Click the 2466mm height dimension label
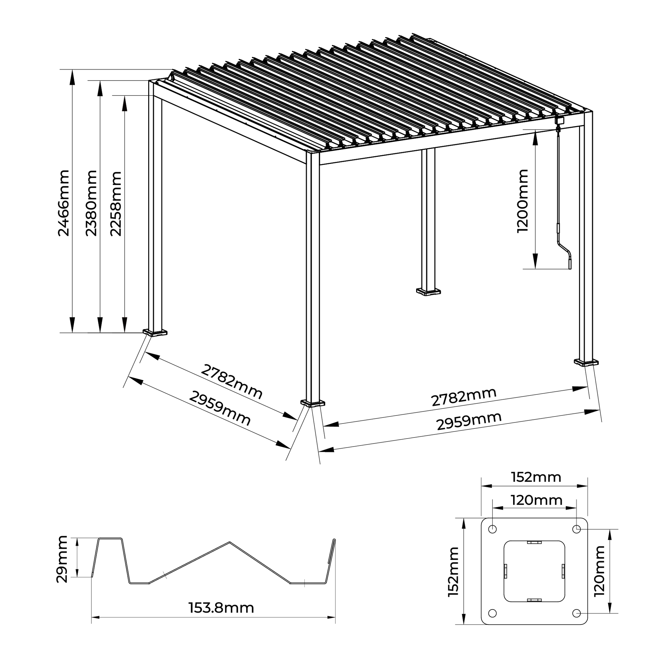click(64, 203)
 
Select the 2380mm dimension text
click(91, 203)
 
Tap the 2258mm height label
click(116, 204)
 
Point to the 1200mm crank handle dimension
click(522, 201)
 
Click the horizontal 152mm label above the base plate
click(536, 478)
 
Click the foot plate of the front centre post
click(313, 403)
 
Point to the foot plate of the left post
click(155, 332)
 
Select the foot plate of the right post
click(586, 362)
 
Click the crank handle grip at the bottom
click(570, 264)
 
